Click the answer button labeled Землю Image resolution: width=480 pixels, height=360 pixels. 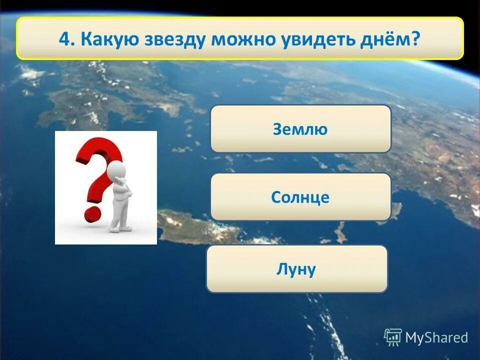tap(300, 128)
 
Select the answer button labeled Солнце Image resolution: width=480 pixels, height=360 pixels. tap(300, 197)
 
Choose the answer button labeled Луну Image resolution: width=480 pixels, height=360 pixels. tap(296, 269)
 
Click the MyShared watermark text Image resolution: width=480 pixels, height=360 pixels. tap(436, 338)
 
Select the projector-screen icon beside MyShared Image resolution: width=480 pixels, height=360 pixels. tap(393, 337)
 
